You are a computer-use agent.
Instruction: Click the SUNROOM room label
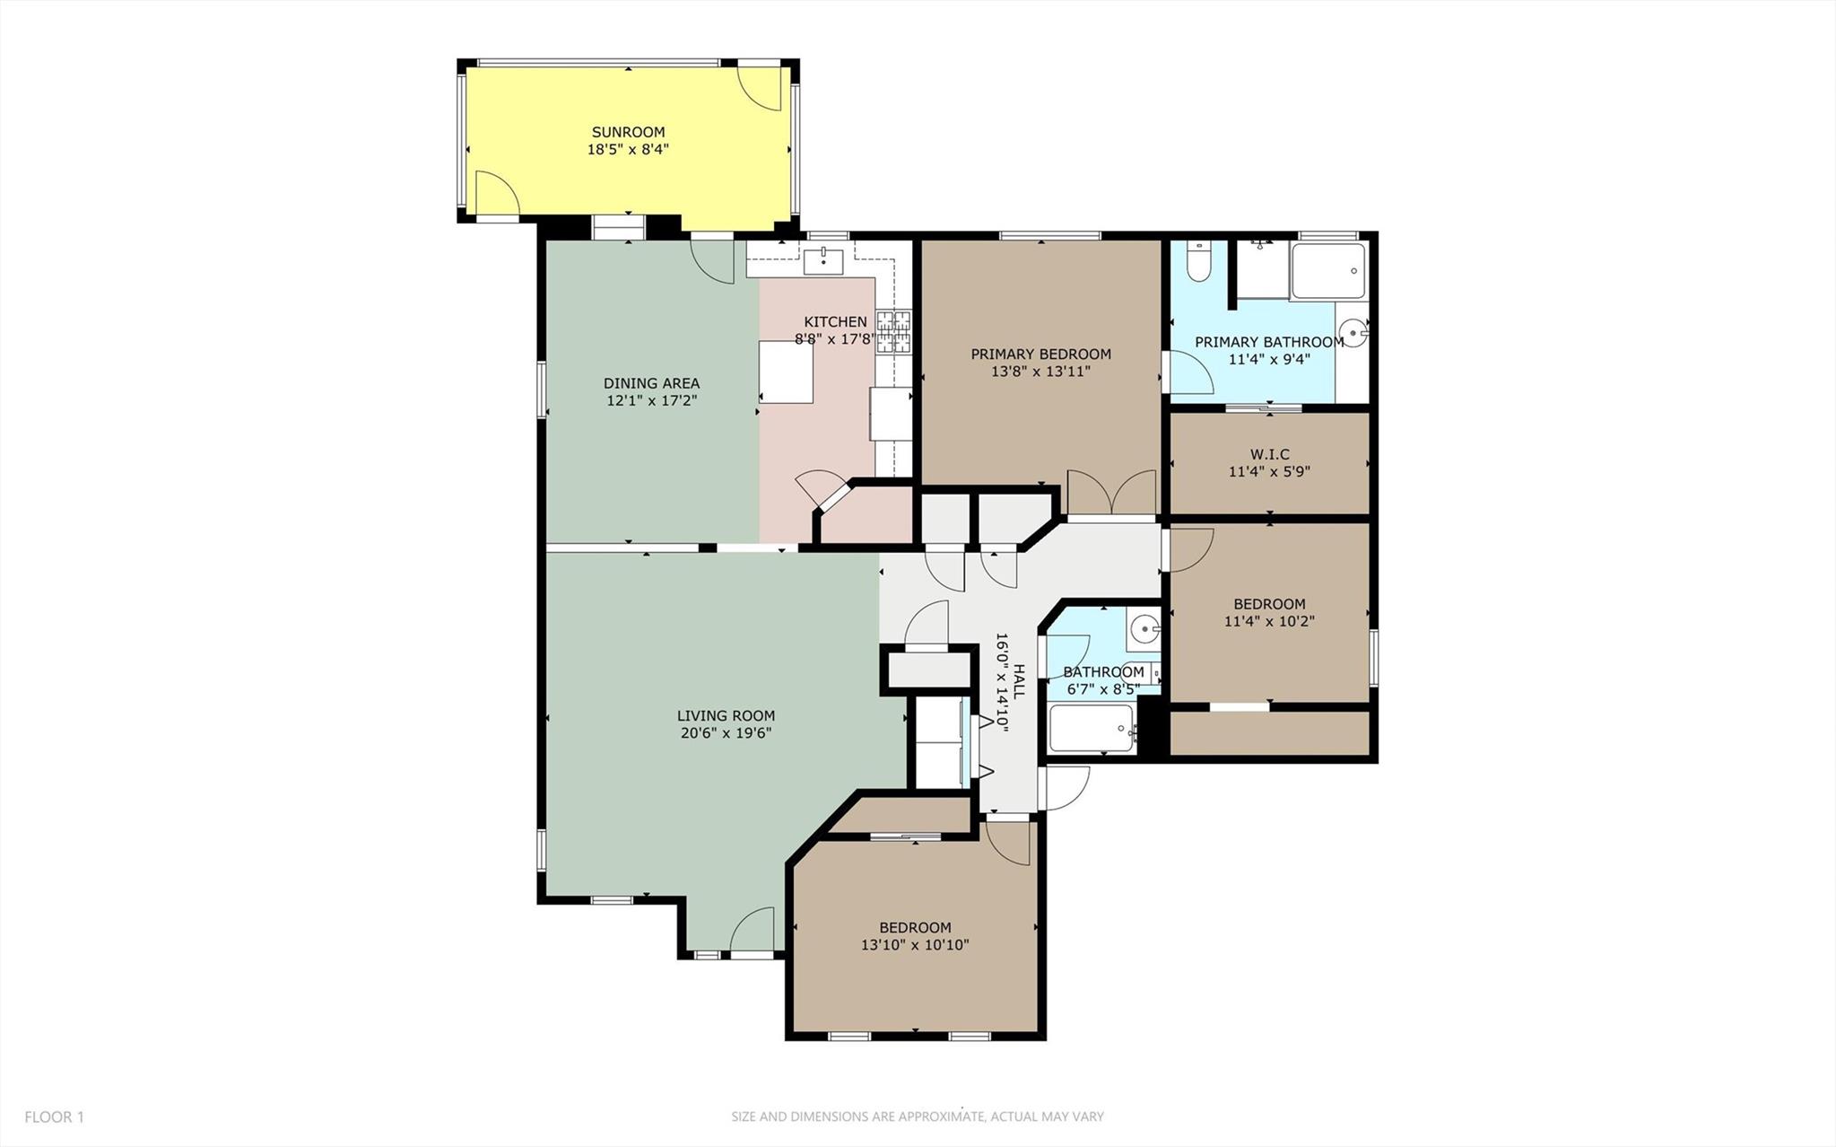point(628,132)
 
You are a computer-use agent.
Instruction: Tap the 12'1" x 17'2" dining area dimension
point(651,400)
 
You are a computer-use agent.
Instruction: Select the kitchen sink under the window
point(823,262)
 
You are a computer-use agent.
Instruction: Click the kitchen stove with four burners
point(893,331)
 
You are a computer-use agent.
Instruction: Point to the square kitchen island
point(787,372)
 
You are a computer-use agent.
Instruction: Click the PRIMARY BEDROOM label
point(1040,355)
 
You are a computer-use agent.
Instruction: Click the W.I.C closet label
point(1269,454)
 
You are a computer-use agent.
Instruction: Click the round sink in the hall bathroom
point(1143,629)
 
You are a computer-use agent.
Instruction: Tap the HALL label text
point(1019,683)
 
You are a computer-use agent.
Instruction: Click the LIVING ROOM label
point(726,716)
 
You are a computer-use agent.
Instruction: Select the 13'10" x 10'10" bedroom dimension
point(915,945)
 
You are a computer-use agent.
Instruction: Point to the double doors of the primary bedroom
point(1111,493)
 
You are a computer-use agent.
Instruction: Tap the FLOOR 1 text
point(54,1117)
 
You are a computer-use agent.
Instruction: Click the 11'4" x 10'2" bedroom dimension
point(1269,621)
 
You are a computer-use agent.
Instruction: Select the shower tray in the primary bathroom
point(1328,270)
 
